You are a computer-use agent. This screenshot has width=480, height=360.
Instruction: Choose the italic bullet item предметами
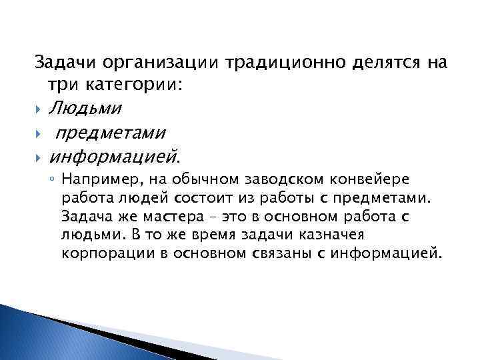(111, 133)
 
